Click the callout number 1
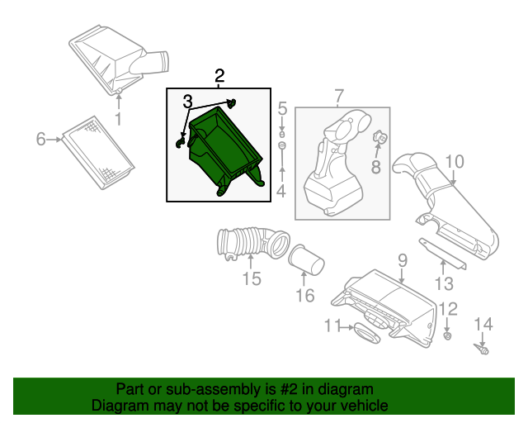click(x=117, y=121)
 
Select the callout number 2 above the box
click(x=219, y=77)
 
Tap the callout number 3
click(x=188, y=102)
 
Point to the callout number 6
click(x=40, y=140)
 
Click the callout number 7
click(x=338, y=97)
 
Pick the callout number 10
click(x=455, y=161)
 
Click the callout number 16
click(x=304, y=295)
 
